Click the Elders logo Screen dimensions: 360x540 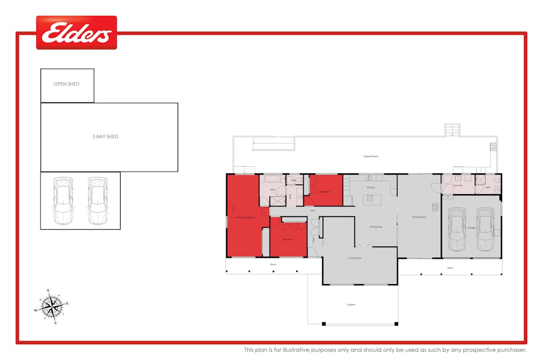(76, 33)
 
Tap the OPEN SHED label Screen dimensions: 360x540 (67, 84)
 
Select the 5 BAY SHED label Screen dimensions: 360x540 (105, 137)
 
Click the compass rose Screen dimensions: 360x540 (51, 307)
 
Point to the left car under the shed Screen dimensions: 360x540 (62, 201)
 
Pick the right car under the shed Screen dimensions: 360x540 (97, 201)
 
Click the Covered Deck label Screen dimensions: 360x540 (371, 156)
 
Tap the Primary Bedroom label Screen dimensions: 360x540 (245, 218)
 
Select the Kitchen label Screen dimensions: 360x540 (370, 188)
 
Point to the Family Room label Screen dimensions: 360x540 (419, 217)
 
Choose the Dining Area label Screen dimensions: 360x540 (376, 227)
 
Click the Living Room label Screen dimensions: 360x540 (355, 258)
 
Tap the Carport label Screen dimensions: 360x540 (351, 305)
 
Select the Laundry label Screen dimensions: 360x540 (458, 185)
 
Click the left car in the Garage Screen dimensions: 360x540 (457, 229)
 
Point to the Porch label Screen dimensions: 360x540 (273, 264)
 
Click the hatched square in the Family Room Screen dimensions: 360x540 (435, 207)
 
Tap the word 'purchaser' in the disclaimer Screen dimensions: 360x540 (511, 350)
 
